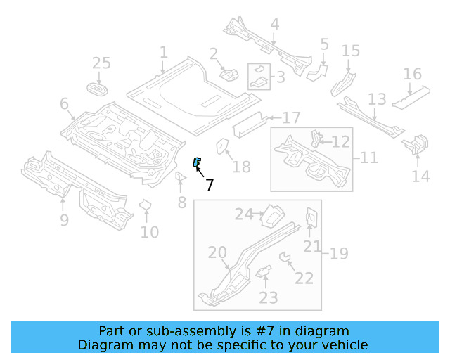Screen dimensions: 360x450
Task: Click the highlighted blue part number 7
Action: coord(197,163)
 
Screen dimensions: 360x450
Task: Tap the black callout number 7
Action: coord(209,185)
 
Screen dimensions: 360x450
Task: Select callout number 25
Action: coord(102,63)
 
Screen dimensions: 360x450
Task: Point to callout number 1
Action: coord(163,52)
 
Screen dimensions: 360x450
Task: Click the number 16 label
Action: coord(412,74)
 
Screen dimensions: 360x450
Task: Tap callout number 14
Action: coord(420,176)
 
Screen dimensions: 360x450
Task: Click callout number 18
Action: coord(241,167)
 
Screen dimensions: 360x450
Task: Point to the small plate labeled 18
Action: coord(221,144)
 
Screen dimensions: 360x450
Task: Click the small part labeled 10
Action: coord(146,205)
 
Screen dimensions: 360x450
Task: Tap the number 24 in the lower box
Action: coord(243,214)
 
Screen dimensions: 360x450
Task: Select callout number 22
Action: coord(304,278)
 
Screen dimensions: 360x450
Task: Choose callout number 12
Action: coord(340,142)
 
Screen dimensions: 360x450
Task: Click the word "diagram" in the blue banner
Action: coord(324,331)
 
